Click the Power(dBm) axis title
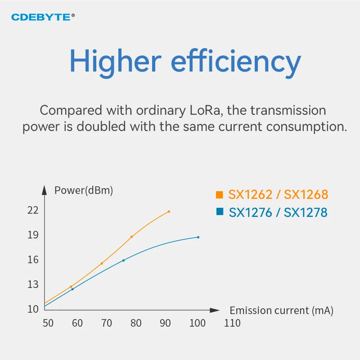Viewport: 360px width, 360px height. (84, 190)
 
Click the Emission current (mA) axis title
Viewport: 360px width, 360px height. (281, 310)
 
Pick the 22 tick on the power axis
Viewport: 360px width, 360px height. (33, 210)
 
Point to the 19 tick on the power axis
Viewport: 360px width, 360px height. (33, 235)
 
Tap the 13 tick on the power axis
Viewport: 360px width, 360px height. (33, 284)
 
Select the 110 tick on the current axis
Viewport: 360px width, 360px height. (232, 323)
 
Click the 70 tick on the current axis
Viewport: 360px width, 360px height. (106, 323)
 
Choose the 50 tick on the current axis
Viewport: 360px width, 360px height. (48, 323)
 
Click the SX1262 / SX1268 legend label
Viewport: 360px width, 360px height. (278, 195)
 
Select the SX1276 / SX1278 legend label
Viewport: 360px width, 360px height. (278, 212)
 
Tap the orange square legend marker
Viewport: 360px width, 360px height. (220, 195)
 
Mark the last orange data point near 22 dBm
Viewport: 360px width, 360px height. (169, 211)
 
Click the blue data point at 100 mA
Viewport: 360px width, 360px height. (198, 237)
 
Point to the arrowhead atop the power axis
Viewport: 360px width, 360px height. (44, 189)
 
